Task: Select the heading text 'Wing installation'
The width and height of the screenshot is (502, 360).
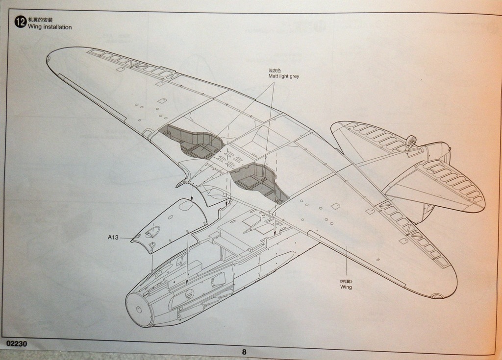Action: (x=50, y=27)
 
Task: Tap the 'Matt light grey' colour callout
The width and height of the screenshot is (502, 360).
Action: (x=283, y=76)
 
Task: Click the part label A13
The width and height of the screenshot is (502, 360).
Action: (x=113, y=238)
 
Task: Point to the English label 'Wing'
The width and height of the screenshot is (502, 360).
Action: (x=346, y=287)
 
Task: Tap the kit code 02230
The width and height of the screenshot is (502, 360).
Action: (x=14, y=344)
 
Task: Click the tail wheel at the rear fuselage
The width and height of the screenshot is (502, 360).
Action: (x=411, y=142)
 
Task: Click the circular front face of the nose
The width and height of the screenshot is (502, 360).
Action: (x=138, y=309)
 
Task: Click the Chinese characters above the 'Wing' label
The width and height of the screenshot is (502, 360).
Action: (x=346, y=281)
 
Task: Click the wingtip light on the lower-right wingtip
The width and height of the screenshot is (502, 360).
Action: (x=437, y=295)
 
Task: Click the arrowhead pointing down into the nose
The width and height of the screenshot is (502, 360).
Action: (x=188, y=283)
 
